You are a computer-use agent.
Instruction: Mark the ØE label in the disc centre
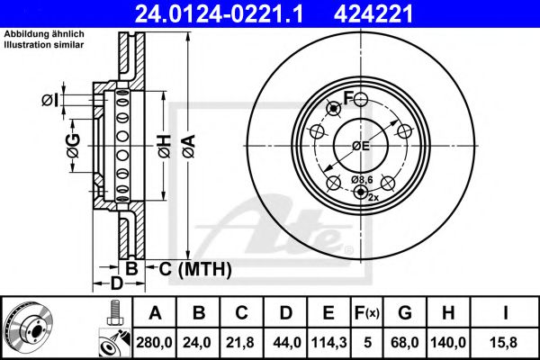tap(361, 146)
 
